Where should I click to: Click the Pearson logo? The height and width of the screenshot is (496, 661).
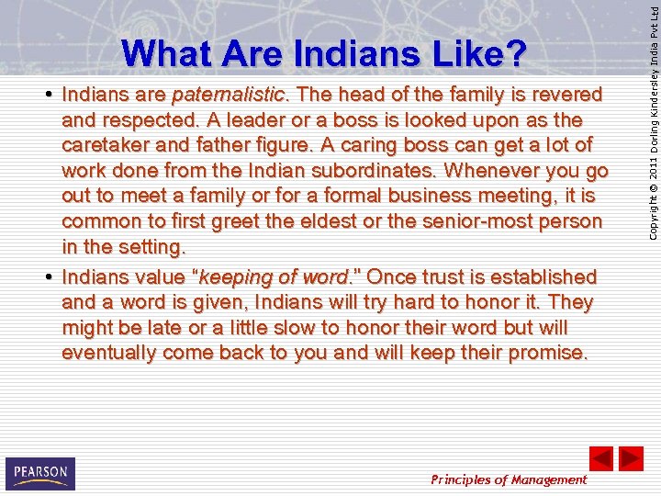tap(39, 474)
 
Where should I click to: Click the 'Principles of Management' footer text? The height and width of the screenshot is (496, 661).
tap(509, 479)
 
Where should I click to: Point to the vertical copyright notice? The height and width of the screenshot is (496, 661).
tap(650, 124)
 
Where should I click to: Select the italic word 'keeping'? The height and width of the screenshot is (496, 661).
tap(234, 276)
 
